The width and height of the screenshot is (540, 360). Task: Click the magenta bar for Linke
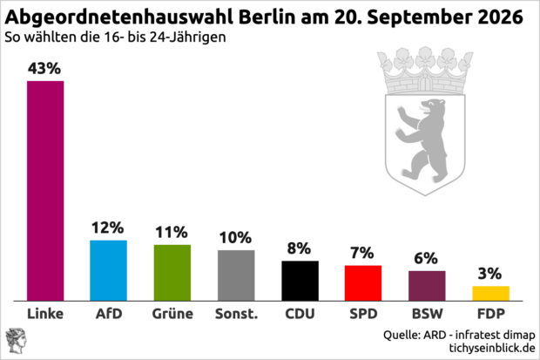45,191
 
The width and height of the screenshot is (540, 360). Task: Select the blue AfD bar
109,270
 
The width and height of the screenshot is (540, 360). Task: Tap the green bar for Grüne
172,273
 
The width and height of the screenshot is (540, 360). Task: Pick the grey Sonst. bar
236,275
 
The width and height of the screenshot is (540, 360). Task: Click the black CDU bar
300,281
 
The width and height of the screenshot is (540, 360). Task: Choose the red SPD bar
363,283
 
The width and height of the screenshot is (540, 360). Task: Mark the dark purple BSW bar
427,286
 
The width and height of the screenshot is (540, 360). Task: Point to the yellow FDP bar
490,294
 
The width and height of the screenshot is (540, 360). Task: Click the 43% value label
44,68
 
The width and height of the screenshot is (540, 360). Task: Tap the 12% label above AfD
107,228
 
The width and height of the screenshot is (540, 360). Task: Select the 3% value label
489,274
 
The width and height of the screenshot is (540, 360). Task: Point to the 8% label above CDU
299,248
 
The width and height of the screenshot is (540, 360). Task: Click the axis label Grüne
172,314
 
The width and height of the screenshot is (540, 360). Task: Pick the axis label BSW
428,314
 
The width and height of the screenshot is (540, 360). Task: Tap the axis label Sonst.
237,314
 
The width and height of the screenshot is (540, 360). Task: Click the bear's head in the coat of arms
433,106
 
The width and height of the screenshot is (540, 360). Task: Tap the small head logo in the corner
16,341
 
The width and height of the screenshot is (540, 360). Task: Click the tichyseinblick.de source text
492,348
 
